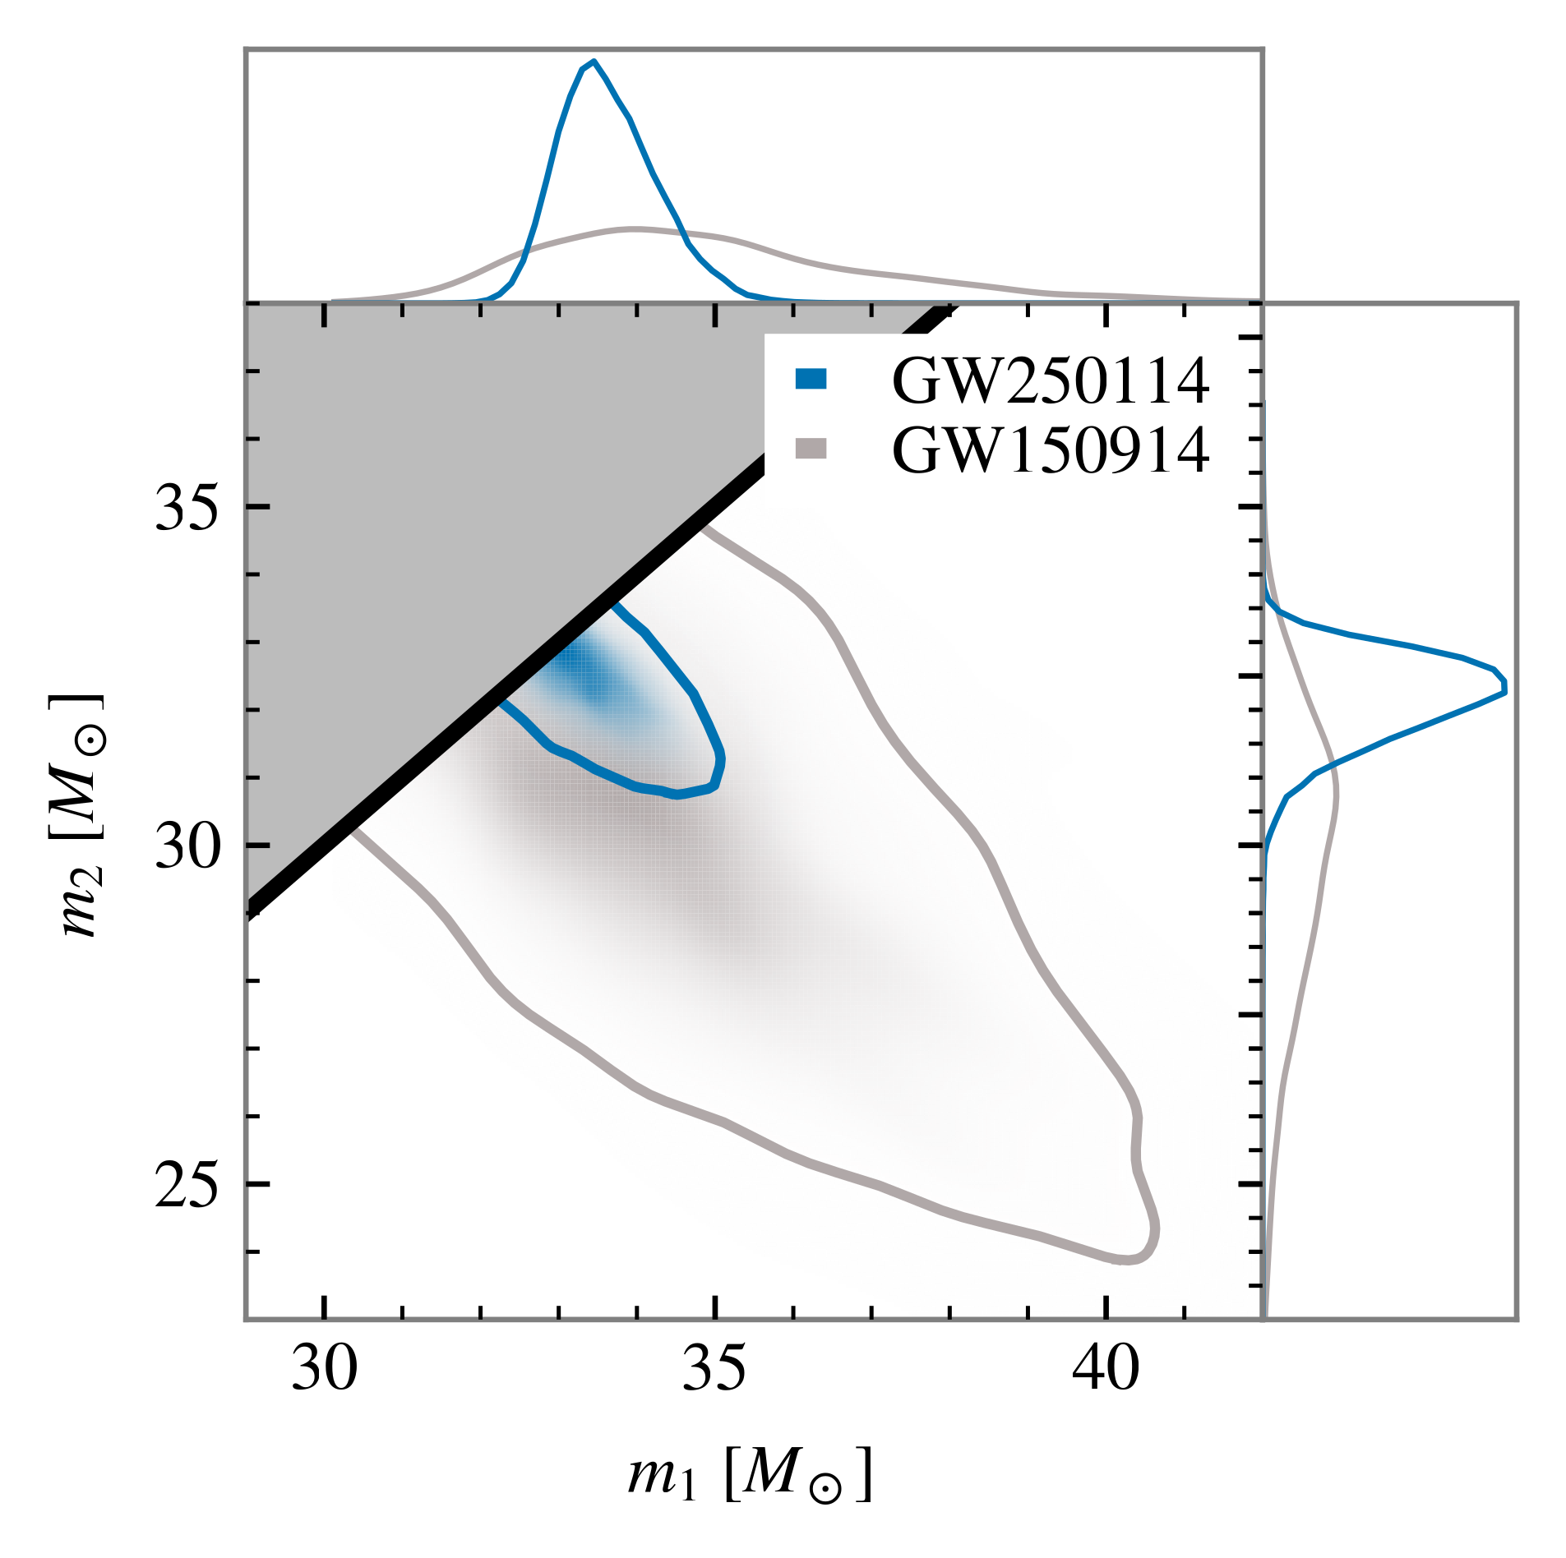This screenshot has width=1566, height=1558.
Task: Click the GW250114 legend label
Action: tap(1050, 381)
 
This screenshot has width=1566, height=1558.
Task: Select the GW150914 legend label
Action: tap(1050, 450)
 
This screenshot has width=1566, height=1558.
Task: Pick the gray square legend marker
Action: tap(811, 449)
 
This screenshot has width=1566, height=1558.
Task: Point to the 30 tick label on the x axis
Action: tap(325, 1370)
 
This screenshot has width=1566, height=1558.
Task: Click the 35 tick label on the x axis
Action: tap(715, 1370)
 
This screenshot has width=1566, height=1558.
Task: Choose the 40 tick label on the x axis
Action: tap(1106, 1370)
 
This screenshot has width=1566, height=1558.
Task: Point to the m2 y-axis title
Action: tap(82, 817)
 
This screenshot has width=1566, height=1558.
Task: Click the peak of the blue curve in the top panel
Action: tap(594, 62)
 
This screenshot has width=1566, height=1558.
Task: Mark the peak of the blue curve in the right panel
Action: tap(1505, 687)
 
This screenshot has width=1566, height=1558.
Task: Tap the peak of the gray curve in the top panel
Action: tap(633, 228)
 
